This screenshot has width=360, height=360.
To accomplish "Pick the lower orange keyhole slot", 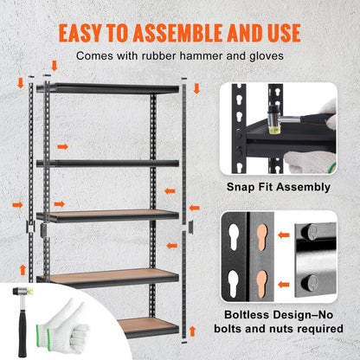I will (260, 283).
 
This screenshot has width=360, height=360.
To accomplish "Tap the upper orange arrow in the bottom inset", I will (284, 234).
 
